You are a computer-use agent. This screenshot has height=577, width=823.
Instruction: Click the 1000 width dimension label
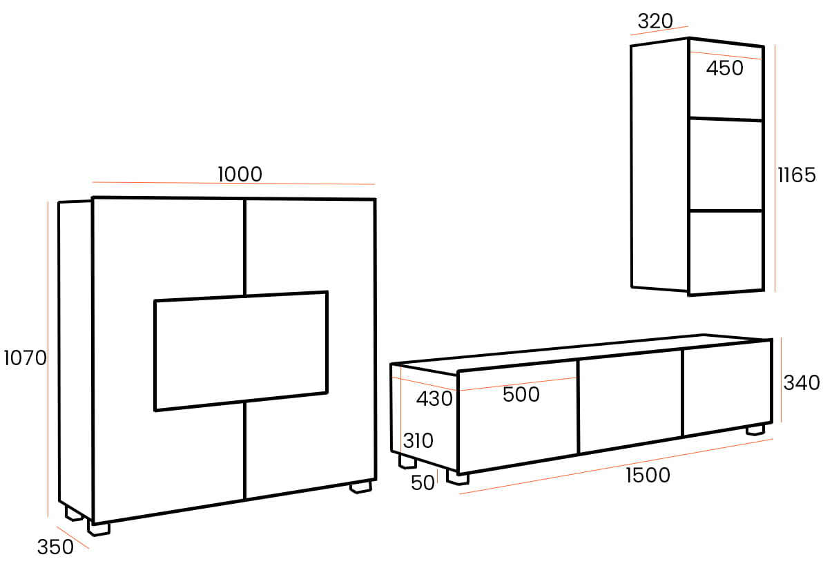tap(240, 174)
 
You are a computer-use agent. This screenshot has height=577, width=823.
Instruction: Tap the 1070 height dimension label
tap(25, 358)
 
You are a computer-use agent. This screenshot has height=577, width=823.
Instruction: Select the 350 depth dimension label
tap(55, 547)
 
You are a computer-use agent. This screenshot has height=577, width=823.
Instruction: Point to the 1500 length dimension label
tap(648, 475)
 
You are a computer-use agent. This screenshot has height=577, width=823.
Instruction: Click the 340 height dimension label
tap(801, 382)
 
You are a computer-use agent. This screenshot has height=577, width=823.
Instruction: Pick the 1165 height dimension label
tap(797, 175)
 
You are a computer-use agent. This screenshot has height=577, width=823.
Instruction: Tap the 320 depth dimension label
tap(655, 21)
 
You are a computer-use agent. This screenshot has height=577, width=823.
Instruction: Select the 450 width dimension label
tap(725, 68)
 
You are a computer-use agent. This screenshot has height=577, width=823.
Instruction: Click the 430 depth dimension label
tap(434, 399)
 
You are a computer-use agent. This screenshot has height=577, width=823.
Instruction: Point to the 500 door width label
tap(521, 395)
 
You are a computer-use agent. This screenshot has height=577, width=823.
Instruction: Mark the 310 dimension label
tap(418, 440)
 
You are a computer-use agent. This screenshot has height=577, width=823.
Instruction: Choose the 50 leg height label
tap(423, 483)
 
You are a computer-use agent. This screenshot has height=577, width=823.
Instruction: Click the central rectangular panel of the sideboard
tap(240, 351)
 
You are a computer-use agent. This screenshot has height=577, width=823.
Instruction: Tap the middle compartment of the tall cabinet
tap(726, 165)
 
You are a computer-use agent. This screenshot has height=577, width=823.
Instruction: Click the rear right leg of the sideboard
tap(360, 487)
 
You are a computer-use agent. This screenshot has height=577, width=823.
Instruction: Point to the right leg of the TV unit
tap(756, 429)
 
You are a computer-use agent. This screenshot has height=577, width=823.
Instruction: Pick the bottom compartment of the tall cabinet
tap(726, 251)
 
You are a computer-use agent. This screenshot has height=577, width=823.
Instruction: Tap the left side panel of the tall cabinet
tap(659, 166)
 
